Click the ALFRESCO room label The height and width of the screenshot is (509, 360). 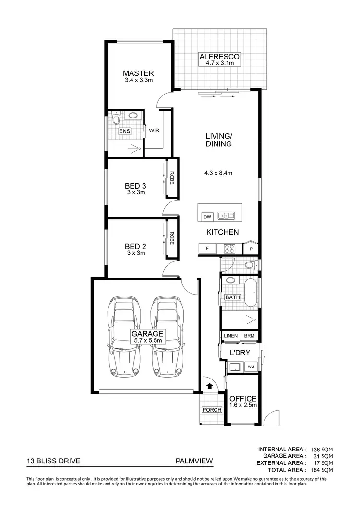[x=219, y=57]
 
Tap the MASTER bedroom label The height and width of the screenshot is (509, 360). [x=138, y=73]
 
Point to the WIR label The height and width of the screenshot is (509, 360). [x=154, y=130]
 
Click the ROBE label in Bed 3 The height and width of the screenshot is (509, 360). [x=171, y=178]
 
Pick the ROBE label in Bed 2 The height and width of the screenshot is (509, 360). [x=171, y=238]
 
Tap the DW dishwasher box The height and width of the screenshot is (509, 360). [x=207, y=216]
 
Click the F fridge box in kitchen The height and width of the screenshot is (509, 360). [x=207, y=249]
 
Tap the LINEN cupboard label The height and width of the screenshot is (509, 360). [x=230, y=336]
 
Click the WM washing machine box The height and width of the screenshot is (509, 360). [x=251, y=367]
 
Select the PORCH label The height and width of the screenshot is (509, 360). [x=212, y=410]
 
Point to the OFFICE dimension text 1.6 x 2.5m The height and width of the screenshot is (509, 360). [x=243, y=405]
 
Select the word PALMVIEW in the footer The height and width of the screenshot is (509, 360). [x=194, y=462]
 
